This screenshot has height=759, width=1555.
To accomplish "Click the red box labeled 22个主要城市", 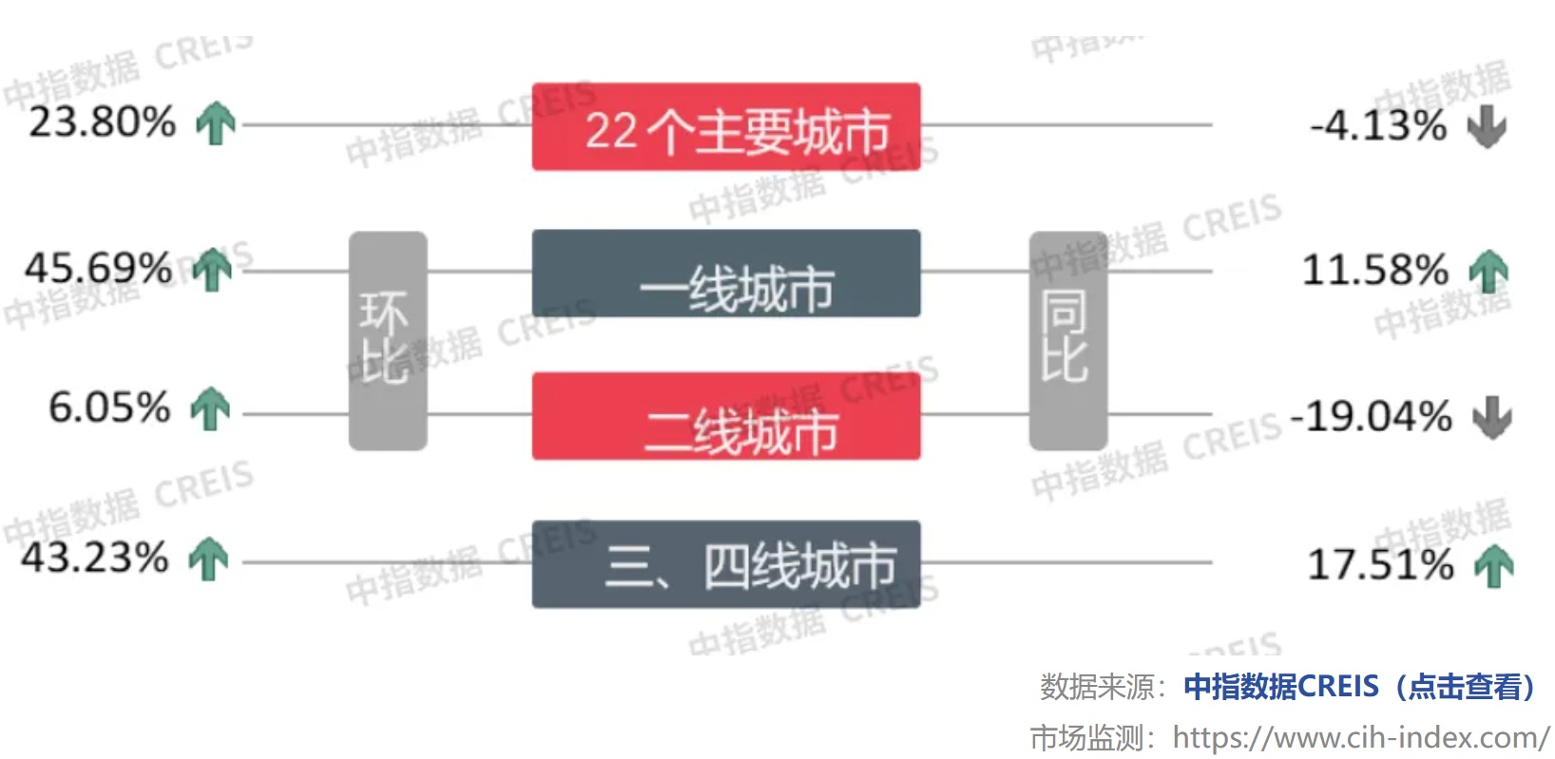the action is click(726, 126).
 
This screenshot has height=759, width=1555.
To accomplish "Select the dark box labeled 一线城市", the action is click(726, 274).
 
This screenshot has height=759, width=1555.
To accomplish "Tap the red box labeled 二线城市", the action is click(726, 416).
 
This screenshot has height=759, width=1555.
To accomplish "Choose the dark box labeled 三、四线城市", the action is click(726, 564).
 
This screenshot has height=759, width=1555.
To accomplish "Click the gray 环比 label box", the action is click(388, 341).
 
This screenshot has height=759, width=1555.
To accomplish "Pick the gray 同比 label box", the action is click(1068, 341).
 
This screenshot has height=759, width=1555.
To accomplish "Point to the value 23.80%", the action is click(102, 123).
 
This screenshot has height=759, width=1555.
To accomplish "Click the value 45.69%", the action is click(98, 269).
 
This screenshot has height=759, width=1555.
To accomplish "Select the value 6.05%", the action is click(109, 408).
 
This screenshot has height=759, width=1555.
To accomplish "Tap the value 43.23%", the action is click(95, 558).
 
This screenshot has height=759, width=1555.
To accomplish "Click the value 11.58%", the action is click(1375, 270).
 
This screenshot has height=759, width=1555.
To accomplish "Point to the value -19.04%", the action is click(1371, 416).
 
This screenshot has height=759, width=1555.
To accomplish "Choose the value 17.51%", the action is click(1380, 564).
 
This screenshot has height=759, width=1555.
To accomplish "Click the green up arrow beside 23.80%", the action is click(216, 123).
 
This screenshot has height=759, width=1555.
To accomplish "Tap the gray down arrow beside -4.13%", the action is click(1487, 126).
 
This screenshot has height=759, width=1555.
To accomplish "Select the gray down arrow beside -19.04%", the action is click(1492, 417).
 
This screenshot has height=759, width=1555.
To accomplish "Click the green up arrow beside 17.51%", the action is click(1494, 566).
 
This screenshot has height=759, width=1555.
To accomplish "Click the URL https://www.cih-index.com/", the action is click(1361, 737).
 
